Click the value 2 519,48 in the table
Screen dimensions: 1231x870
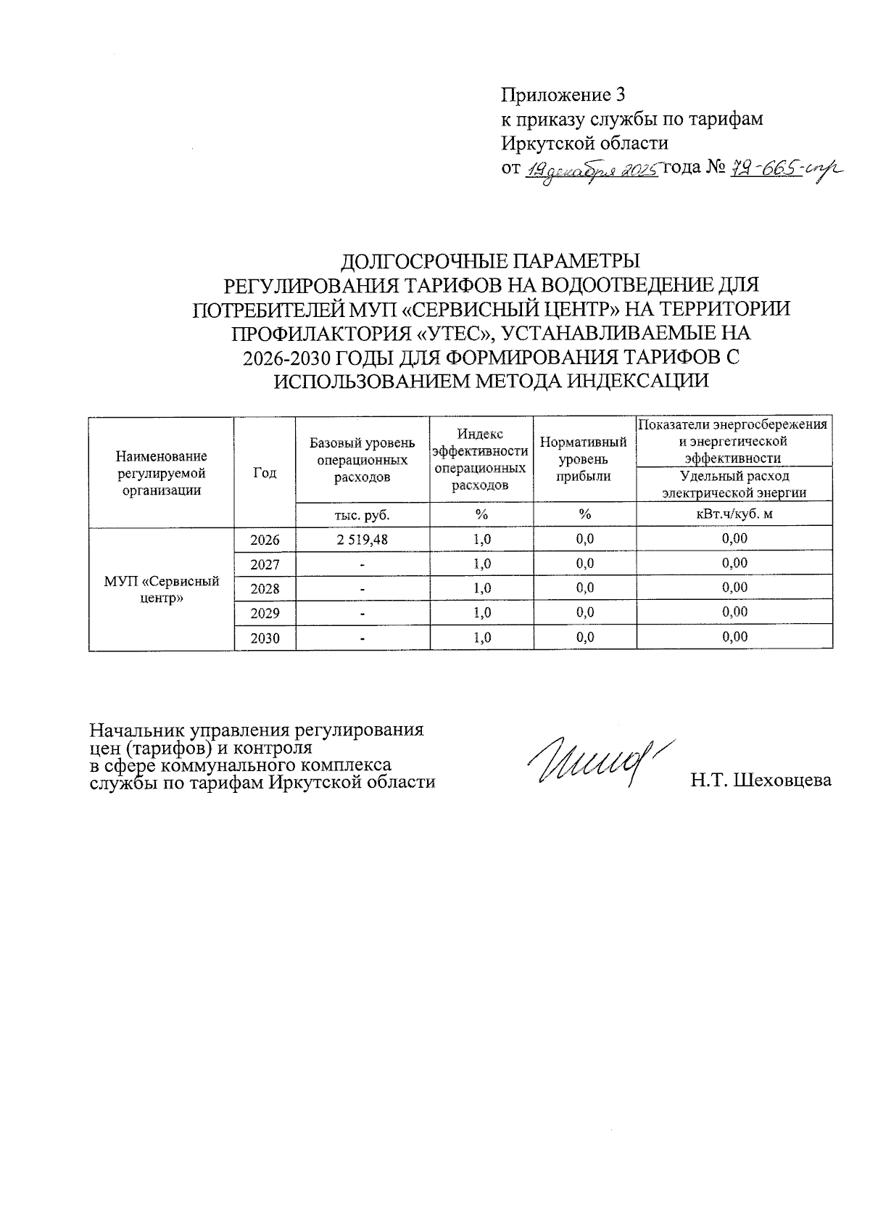point(362,539)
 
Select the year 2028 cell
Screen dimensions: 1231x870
point(265,588)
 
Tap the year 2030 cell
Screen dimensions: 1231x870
point(265,638)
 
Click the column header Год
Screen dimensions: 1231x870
point(265,472)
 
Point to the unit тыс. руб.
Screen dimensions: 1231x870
point(362,514)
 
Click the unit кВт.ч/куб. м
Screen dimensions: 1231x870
point(734,514)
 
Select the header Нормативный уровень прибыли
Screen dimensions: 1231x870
point(584,459)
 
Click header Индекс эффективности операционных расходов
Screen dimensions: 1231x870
point(481,459)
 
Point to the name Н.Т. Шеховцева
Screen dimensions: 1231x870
point(761,781)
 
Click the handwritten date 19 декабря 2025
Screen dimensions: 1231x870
point(591,171)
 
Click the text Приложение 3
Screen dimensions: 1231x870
point(563,95)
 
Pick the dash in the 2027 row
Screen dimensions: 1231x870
point(362,564)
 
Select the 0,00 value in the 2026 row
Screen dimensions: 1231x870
point(734,539)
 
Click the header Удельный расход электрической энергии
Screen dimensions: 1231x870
point(734,484)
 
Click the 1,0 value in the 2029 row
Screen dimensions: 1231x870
point(481,612)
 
